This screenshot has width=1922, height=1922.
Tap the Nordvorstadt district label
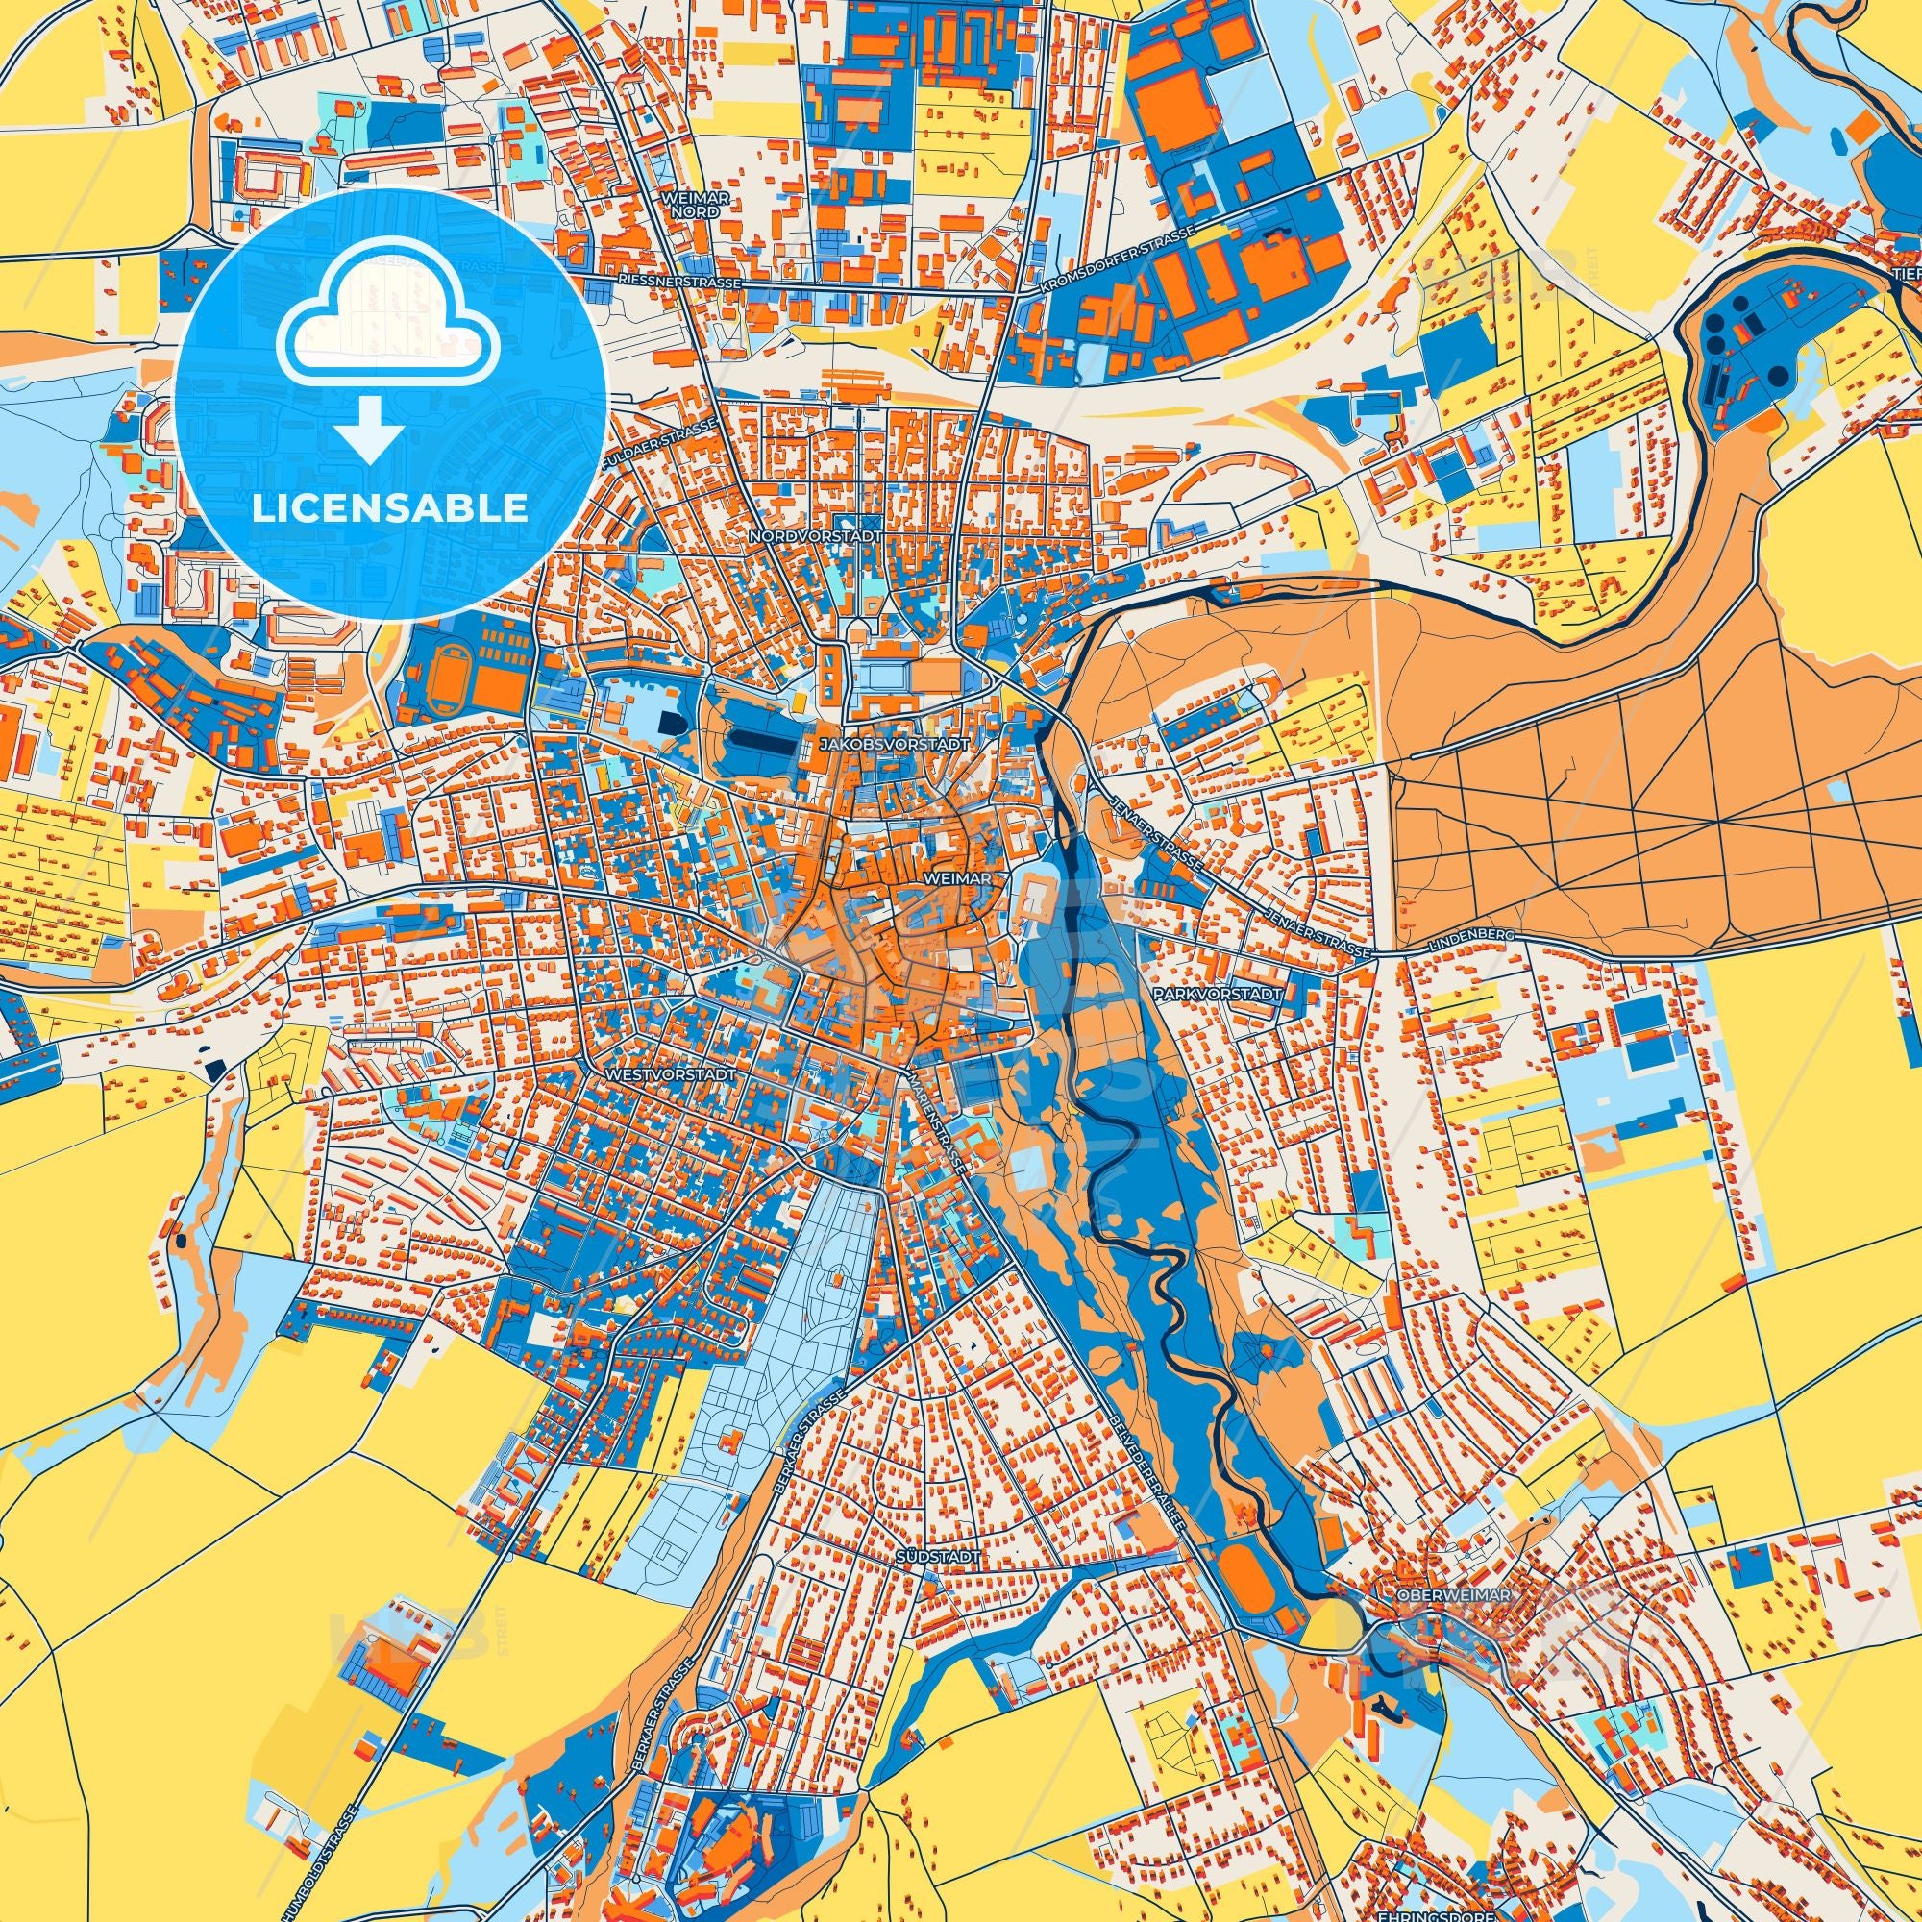[x=803, y=536]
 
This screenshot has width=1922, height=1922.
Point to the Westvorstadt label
[x=670, y=1076]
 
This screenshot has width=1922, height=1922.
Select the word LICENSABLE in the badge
[x=390, y=508]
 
